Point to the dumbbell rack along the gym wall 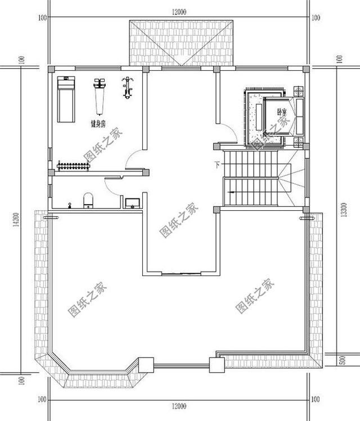tap(71, 165)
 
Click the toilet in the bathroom tap(88, 201)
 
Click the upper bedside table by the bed tap(298, 90)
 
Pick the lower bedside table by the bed tap(298, 141)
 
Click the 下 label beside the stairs tap(217, 165)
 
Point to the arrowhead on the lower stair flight tap(230, 193)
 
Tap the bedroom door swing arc tap(226, 135)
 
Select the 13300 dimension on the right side tap(339, 209)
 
